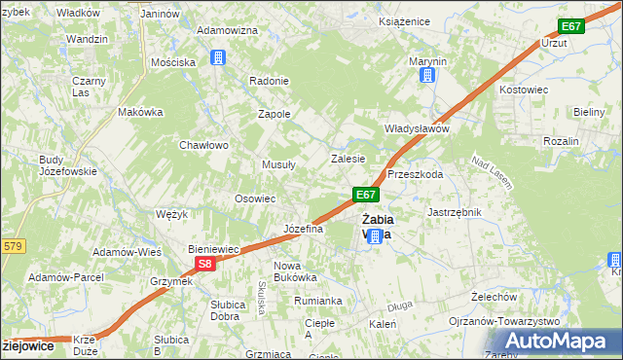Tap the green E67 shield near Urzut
click(571, 26)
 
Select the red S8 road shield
click(202, 264)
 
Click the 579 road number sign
click(12, 247)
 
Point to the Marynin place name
click(427, 61)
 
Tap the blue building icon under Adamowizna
click(218, 58)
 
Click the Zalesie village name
click(348, 159)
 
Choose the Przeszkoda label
click(416, 175)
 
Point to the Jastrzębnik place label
click(455, 211)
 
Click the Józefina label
click(303, 229)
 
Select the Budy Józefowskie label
click(67, 165)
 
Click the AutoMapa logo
click(558, 341)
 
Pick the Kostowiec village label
click(524, 89)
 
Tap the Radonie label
click(270, 81)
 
